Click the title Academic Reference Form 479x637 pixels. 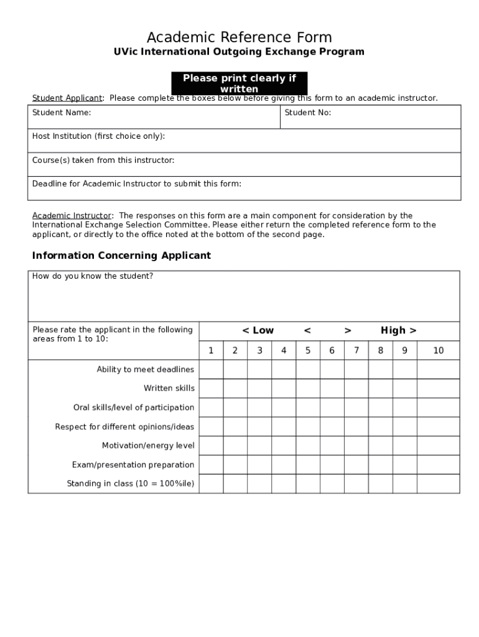239,37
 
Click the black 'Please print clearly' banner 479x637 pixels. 239,83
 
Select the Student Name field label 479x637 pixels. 62,113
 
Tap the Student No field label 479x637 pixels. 308,113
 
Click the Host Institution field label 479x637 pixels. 98,136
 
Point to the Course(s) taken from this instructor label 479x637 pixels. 103,160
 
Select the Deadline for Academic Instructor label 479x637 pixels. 137,184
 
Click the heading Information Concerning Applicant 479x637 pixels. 121,256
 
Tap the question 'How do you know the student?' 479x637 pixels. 93,276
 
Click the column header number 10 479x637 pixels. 439,351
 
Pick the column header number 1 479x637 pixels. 211,351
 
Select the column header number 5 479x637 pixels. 308,351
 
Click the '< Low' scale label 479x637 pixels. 258,331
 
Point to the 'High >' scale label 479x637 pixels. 398,331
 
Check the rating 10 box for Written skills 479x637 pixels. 439,389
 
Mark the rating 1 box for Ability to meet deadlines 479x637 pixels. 211,370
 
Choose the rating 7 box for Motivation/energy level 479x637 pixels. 356,446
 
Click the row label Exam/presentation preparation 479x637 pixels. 133,465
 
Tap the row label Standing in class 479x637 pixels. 131,484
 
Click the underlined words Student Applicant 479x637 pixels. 67,98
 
